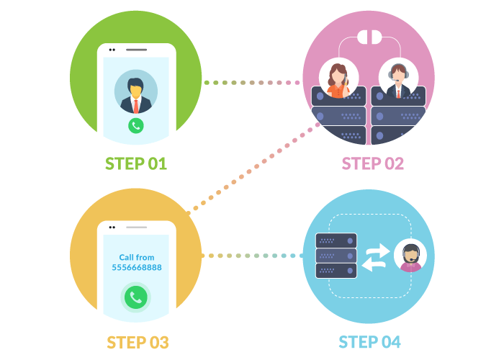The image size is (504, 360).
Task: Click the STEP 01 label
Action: coord(136,163)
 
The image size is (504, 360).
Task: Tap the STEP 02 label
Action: coord(372,163)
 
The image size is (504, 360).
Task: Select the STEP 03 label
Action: coord(137,341)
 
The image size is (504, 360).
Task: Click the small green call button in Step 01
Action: coord(136,125)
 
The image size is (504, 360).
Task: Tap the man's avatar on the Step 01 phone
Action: coord(136,91)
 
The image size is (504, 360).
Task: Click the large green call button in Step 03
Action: coord(135,297)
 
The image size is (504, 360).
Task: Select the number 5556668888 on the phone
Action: coord(137,267)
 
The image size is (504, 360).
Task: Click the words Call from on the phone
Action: coord(137,257)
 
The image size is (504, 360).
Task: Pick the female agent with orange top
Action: coord(337,79)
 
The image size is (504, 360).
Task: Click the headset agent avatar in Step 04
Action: coord(410,256)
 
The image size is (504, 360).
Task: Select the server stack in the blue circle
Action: coord(336,256)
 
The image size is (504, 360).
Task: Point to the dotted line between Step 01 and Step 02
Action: coord(252,83)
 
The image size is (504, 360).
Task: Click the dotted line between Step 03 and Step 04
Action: coord(252,256)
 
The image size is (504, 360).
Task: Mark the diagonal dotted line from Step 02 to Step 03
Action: coord(252,169)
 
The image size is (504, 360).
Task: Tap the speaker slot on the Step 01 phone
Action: coord(136,50)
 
